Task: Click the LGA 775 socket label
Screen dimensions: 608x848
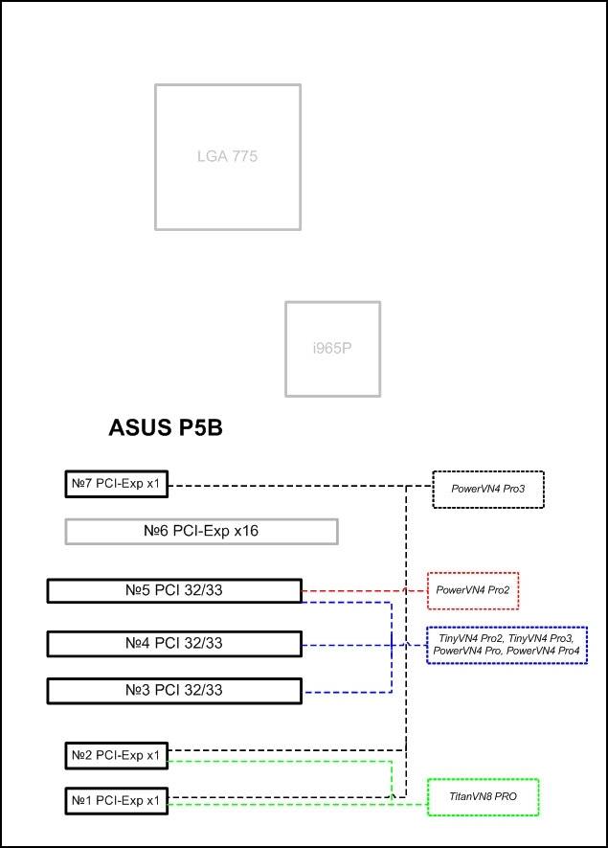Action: (x=227, y=156)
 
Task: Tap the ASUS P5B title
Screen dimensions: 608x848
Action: (x=166, y=427)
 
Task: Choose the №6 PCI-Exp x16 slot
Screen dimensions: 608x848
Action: (x=202, y=531)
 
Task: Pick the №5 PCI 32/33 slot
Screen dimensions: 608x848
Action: (x=174, y=590)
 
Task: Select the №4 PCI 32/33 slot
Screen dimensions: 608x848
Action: (x=174, y=644)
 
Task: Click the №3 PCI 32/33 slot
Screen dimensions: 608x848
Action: (x=174, y=691)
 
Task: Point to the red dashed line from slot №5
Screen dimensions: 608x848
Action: (x=364, y=590)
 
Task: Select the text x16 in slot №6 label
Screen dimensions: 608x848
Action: (x=246, y=531)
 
